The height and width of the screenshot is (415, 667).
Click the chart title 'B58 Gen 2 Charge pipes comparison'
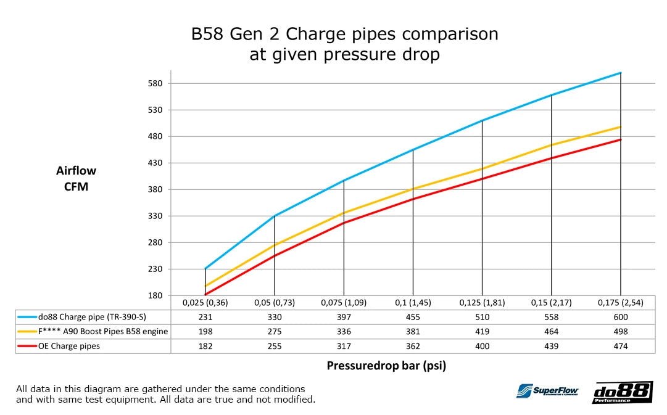click(344, 34)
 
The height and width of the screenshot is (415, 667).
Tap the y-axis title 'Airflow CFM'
click(76, 178)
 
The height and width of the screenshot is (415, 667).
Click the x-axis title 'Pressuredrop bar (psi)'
click(386, 365)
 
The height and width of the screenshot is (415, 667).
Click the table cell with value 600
click(620, 317)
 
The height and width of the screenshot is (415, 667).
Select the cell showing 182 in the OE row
click(205, 347)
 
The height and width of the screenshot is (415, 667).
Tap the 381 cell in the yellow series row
click(412, 332)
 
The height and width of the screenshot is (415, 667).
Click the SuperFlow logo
click(547, 391)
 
